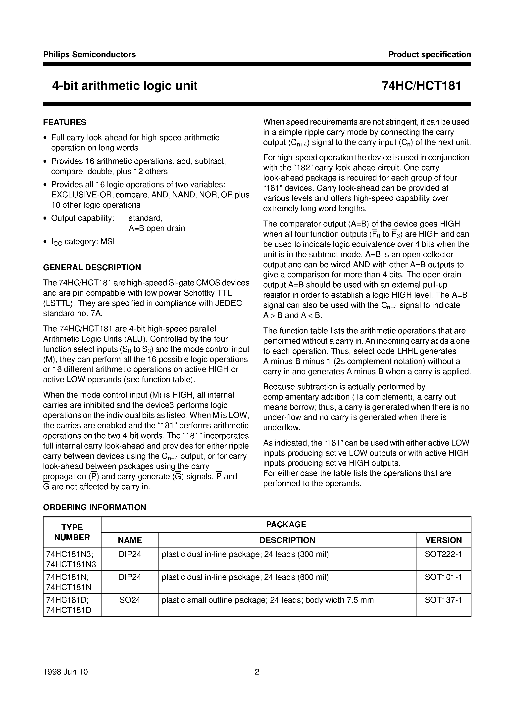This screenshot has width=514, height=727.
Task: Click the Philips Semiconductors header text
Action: click(89, 54)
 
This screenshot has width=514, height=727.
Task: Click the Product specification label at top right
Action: click(429, 54)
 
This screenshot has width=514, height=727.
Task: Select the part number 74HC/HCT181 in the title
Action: click(421, 86)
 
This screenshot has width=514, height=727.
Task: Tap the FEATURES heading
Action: click(65, 122)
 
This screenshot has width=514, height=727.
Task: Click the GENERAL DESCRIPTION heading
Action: click(92, 267)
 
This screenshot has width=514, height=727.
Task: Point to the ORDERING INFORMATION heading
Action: click(95, 507)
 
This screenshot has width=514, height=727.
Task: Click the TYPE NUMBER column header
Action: click(72, 532)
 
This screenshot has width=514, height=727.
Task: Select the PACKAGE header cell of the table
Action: click(286, 524)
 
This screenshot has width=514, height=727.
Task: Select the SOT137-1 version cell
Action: click(443, 600)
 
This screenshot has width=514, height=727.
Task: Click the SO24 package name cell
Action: click(130, 600)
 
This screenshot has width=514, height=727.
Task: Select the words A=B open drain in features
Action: click(156, 228)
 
